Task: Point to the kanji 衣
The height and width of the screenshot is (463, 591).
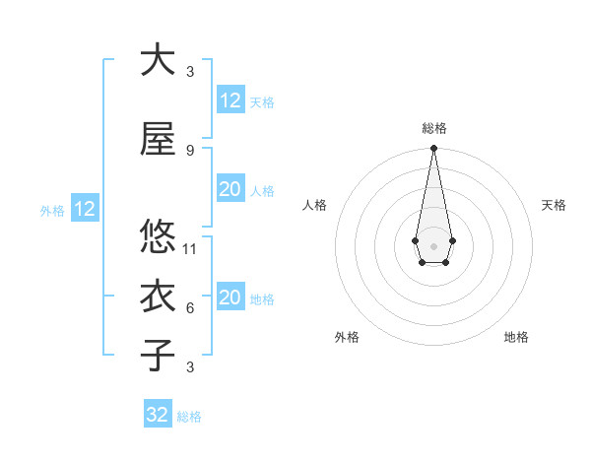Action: click(158, 296)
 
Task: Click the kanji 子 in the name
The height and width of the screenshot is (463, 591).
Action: click(158, 355)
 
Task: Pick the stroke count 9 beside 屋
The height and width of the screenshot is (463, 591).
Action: click(189, 150)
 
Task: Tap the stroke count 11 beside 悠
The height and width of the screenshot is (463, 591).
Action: click(190, 248)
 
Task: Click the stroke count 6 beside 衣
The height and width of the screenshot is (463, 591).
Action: click(189, 307)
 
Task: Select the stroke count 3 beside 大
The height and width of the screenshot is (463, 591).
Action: click(189, 71)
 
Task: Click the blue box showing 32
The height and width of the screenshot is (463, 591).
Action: click(158, 415)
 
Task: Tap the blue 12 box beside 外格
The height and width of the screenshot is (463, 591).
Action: click(84, 209)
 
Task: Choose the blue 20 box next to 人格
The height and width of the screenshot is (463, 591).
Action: click(230, 189)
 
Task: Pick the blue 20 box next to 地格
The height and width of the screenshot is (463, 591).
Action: click(230, 298)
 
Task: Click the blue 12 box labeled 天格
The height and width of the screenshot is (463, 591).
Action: click(230, 100)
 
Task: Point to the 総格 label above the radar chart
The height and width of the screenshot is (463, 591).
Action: click(433, 128)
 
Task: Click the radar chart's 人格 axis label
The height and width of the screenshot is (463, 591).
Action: click(315, 205)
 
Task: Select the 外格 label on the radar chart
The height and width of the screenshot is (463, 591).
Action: click(347, 337)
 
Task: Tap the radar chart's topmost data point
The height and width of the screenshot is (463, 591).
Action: click(433, 148)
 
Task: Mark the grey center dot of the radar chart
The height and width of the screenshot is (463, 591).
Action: click(433, 244)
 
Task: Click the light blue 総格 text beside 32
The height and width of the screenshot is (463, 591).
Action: click(189, 417)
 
